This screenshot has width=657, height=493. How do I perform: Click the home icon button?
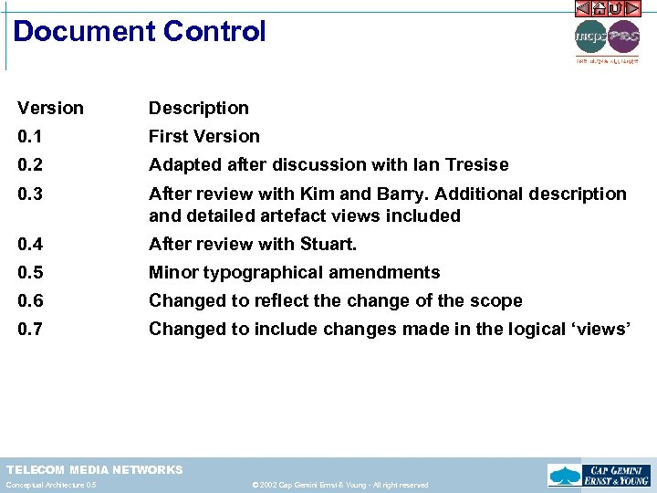(x=599, y=8)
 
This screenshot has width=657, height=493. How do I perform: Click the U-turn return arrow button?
(x=616, y=8)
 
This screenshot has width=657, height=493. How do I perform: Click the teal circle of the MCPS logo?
(x=590, y=37)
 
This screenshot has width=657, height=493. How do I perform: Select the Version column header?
(x=50, y=108)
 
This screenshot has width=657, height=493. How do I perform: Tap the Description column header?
(x=198, y=108)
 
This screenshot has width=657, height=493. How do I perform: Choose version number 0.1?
(x=29, y=136)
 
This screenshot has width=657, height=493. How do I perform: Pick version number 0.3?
(x=29, y=194)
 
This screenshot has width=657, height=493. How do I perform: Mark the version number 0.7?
(x=29, y=329)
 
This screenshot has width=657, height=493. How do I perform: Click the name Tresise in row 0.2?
(x=474, y=164)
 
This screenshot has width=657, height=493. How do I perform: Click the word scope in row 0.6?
(x=496, y=300)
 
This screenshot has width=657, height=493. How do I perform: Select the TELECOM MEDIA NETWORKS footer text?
(x=95, y=469)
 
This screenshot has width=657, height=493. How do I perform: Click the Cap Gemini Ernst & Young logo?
(x=598, y=476)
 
